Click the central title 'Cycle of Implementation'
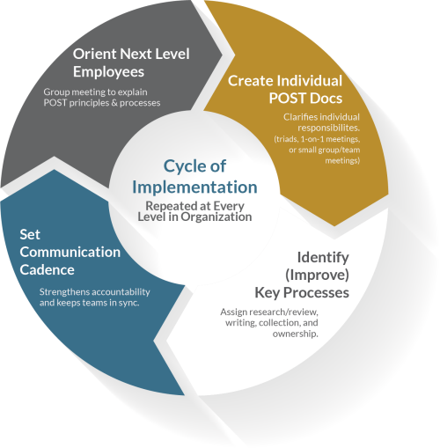tap(194, 177)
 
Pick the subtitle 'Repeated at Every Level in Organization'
tap(194, 210)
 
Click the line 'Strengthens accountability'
tap(95, 292)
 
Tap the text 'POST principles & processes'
tap(101, 102)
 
